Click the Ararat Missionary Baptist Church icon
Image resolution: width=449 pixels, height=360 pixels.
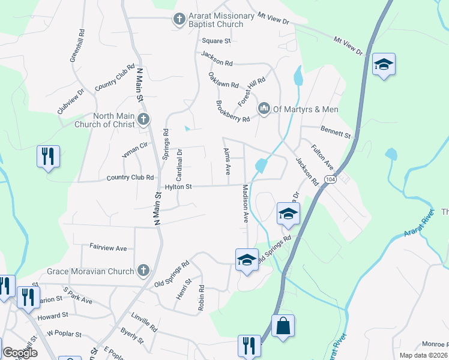(x=178, y=19)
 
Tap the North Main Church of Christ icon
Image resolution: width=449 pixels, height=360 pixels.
(x=143, y=119)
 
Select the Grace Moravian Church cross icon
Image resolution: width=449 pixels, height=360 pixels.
(x=143, y=271)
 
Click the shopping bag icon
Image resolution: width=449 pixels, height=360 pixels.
(x=283, y=327)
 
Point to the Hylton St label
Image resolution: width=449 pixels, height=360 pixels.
(x=178, y=187)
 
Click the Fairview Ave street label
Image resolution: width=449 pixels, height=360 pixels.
(x=108, y=247)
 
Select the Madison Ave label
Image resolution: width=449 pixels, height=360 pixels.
(x=246, y=204)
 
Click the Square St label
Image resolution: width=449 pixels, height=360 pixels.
(x=216, y=41)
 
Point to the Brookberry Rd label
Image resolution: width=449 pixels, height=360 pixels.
(x=232, y=111)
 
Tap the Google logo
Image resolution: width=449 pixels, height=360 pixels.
(x=20, y=353)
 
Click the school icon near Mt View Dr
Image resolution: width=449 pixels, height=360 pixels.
(x=383, y=64)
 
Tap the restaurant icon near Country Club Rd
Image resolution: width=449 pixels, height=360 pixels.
(x=48, y=157)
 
